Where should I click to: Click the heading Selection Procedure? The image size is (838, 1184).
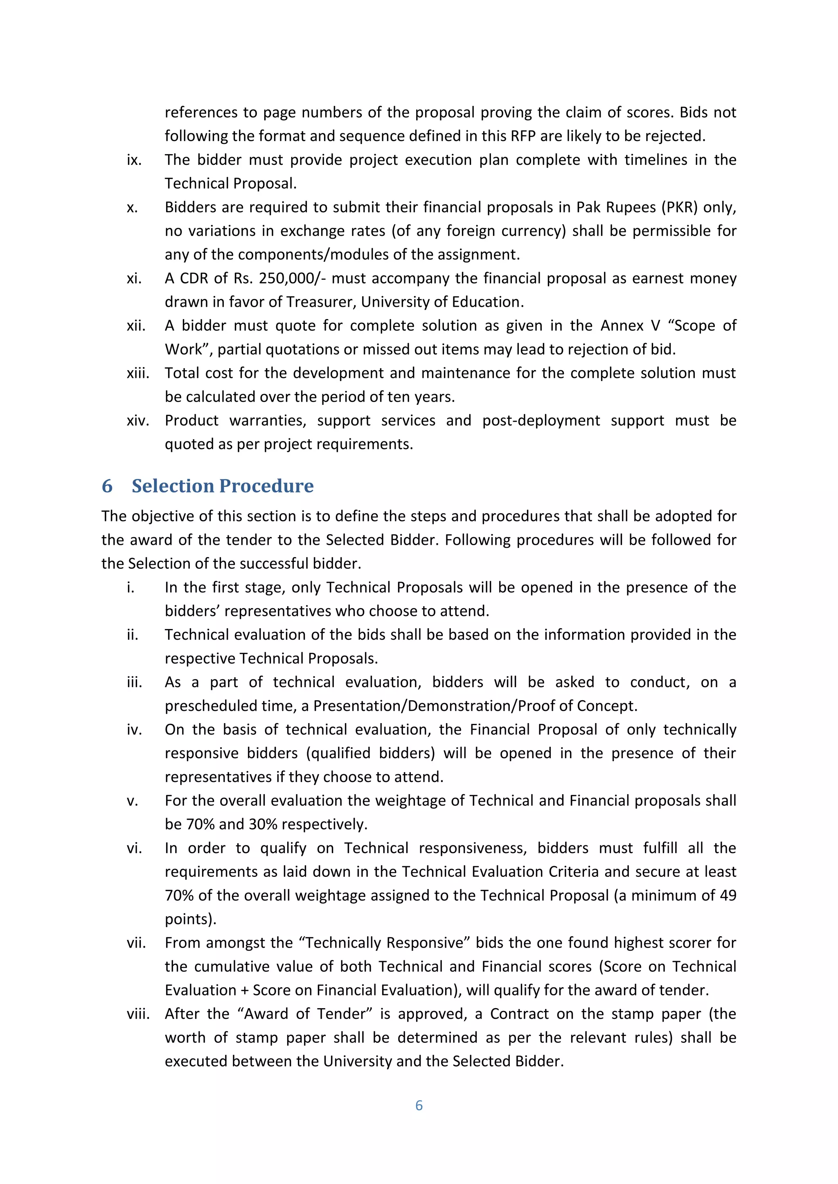pos(223,486)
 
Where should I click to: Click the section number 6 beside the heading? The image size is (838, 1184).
pos(107,486)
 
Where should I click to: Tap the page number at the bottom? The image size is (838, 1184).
pos(419,1105)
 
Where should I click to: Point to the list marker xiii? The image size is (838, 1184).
pos(138,373)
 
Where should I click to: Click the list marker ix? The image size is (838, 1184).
pos(134,160)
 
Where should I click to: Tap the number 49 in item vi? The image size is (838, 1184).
pos(727,895)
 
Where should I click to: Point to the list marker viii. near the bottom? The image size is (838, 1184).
pos(138,1014)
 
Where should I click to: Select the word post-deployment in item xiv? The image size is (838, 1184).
pos(541,421)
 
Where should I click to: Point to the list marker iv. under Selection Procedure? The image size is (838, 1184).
pos(134,730)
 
